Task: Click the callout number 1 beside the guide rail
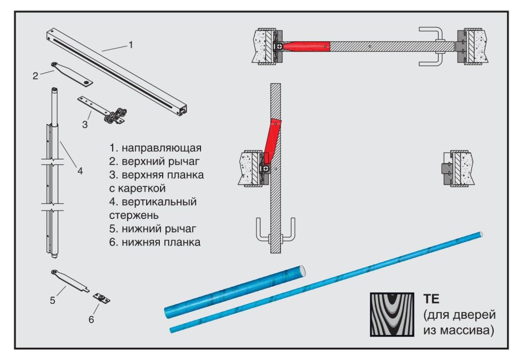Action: [130, 45]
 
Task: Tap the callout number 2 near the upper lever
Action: [35, 76]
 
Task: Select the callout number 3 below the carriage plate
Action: [84, 124]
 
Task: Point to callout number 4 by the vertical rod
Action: [80, 171]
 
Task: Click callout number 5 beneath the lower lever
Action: [52, 301]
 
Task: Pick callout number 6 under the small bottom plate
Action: [91, 319]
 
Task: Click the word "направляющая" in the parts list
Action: [162, 149]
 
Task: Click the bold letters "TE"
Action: [431, 298]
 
